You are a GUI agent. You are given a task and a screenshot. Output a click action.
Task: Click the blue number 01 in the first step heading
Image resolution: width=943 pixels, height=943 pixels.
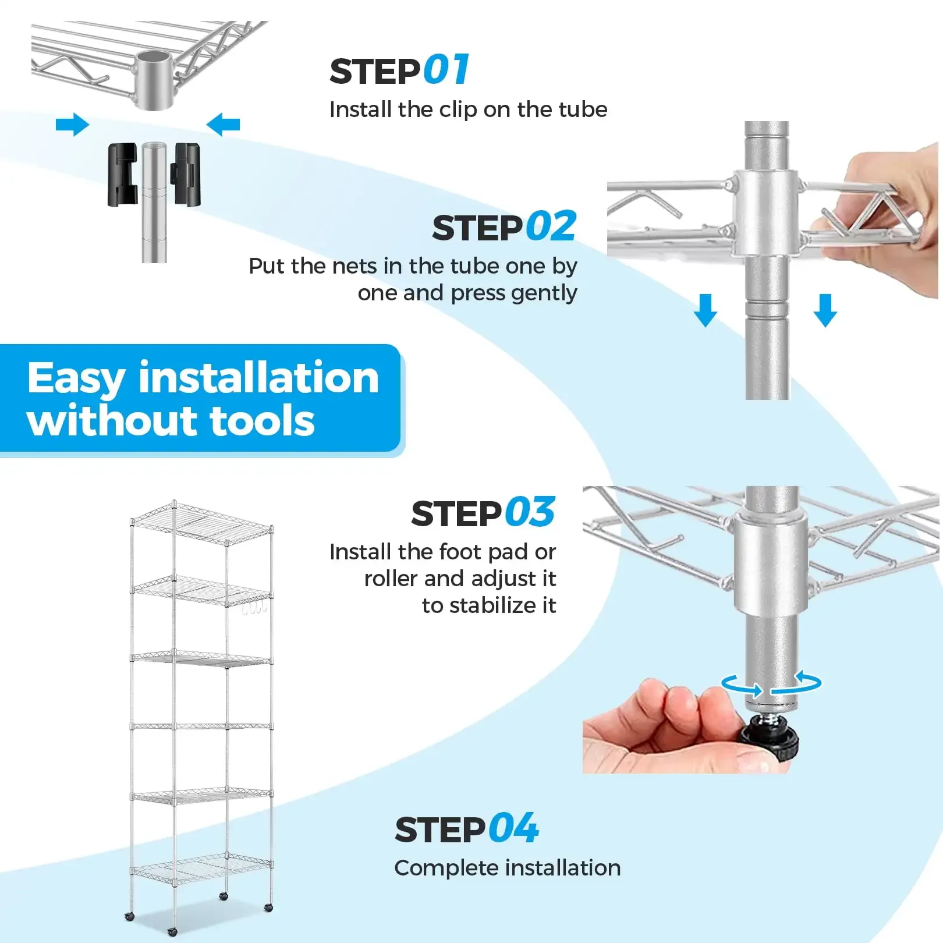pyautogui.click(x=446, y=70)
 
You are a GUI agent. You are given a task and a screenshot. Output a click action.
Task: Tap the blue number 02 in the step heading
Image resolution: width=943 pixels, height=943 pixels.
pyautogui.click(x=551, y=227)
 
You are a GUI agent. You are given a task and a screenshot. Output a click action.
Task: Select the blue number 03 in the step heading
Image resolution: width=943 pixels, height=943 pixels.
pyautogui.click(x=530, y=513)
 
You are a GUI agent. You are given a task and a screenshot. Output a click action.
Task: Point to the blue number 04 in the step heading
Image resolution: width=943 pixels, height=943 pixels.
pyautogui.click(x=513, y=829)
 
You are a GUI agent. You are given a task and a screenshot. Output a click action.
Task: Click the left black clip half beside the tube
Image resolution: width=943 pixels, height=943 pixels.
pyautogui.click(x=123, y=175)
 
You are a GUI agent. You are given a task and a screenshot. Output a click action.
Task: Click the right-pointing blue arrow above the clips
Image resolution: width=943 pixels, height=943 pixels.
pyautogui.click(x=72, y=125)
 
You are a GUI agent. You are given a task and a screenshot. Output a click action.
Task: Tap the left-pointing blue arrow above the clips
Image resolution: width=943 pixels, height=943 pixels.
pyautogui.click(x=224, y=125)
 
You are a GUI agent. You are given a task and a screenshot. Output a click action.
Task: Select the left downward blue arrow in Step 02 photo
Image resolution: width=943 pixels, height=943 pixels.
pyautogui.click(x=706, y=310)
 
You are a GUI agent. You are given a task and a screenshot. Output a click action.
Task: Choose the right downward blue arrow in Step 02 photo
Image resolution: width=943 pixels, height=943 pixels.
pyautogui.click(x=825, y=310)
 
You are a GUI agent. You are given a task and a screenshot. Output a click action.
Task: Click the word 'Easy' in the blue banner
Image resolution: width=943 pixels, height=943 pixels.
pyautogui.click(x=76, y=380)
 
